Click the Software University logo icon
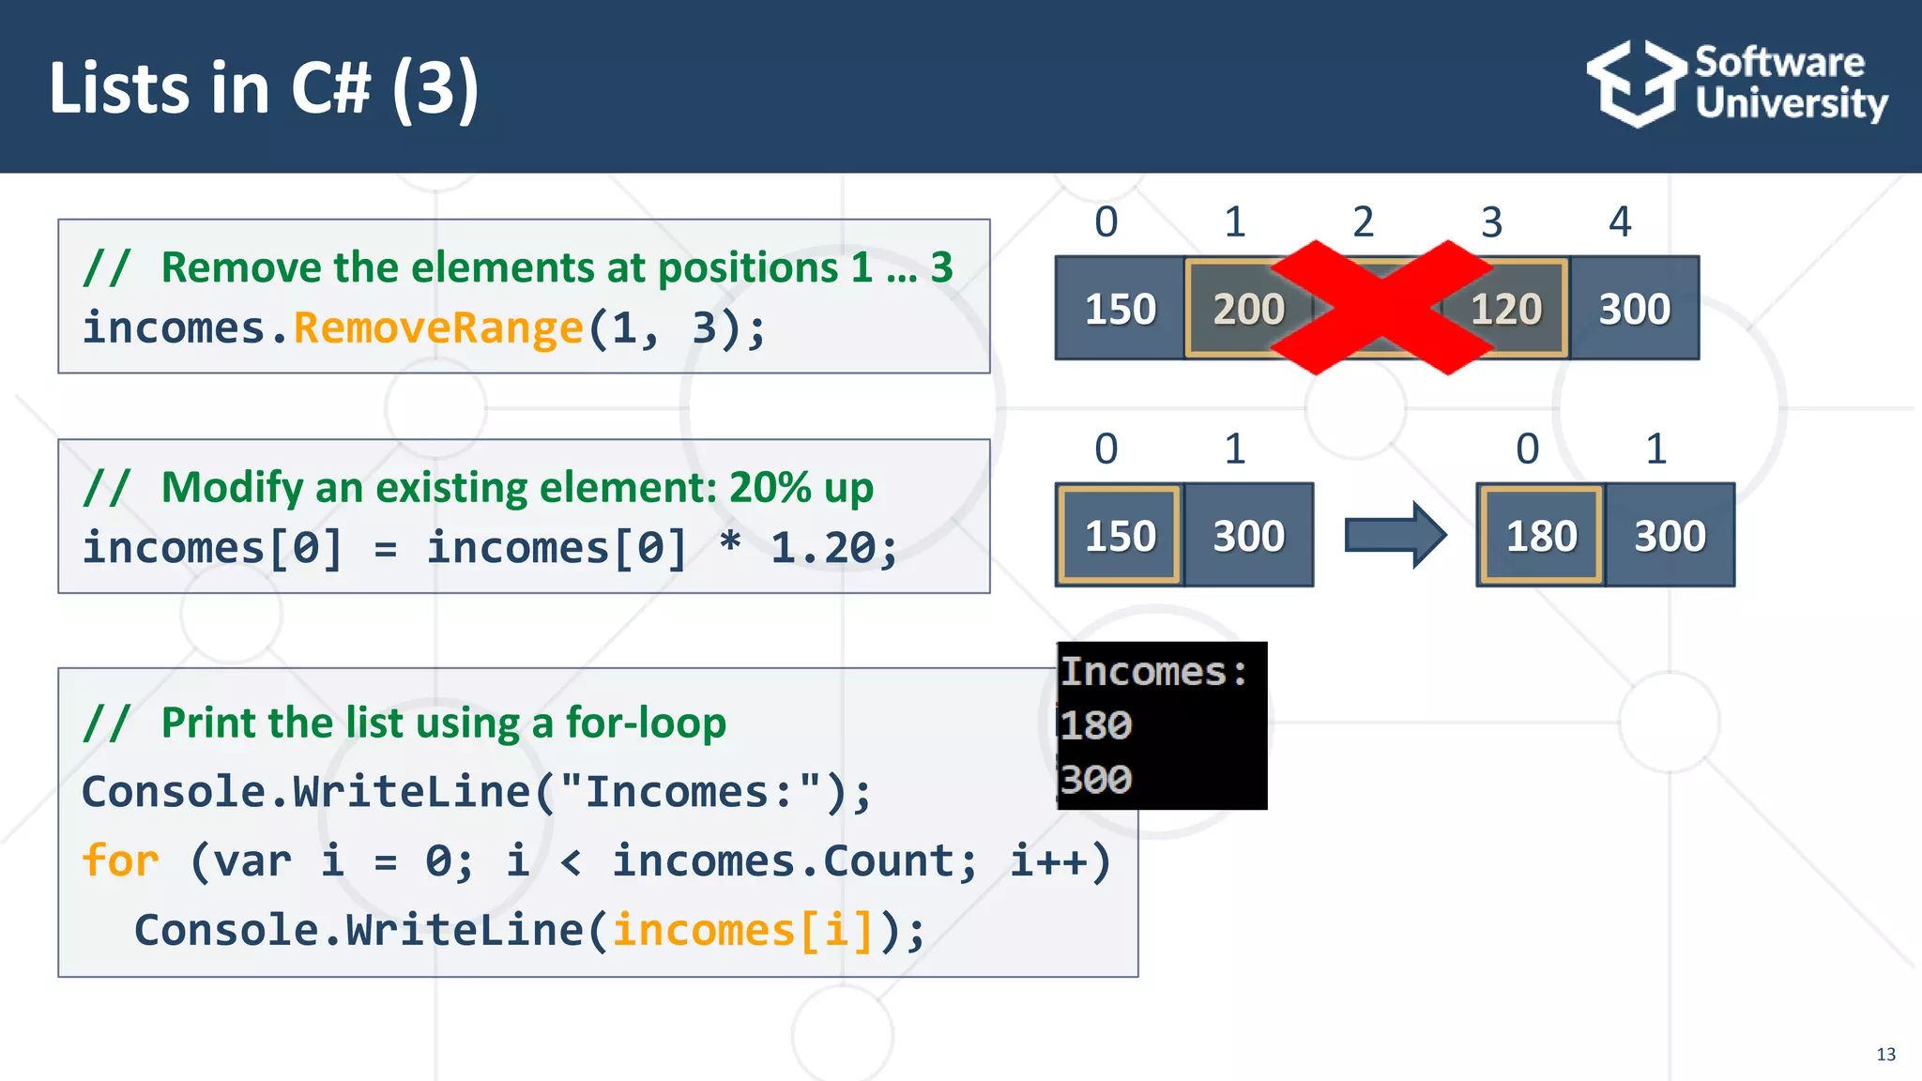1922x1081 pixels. coord(1636,84)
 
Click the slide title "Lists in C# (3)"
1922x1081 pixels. coord(264,87)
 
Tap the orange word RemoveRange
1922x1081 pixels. coord(438,328)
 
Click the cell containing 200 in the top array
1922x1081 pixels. coord(1248,309)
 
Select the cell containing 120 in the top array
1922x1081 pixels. coord(1505,309)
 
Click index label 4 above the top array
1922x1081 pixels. coord(1620,222)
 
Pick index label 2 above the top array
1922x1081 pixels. coord(1363,222)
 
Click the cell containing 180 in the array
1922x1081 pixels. coord(1541,536)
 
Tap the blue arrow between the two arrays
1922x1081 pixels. coord(1395,535)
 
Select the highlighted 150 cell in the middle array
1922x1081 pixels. coord(1120,536)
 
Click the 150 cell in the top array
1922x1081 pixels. coord(1120,309)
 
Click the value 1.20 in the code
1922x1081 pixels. coord(824,548)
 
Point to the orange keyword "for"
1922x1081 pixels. coord(120,860)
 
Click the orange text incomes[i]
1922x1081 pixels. coord(742,931)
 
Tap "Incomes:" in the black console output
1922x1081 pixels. coord(1154,672)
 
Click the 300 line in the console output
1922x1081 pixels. coord(1096,779)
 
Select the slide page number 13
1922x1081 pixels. coord(1885,1055)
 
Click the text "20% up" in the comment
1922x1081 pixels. coord(801,488)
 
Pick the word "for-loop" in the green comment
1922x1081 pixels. coord(646,723)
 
